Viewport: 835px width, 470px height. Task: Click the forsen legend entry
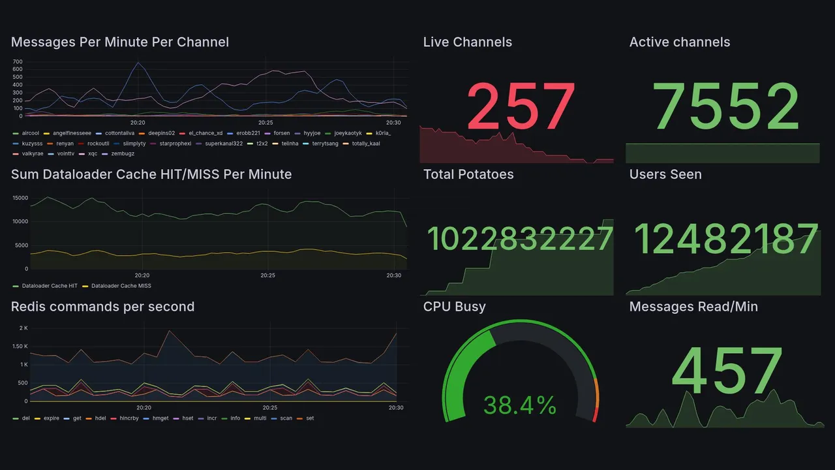(x=281, y=133)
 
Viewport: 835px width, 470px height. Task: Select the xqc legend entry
(x=93, y=154)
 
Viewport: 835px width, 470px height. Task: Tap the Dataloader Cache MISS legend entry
(x=121, y=286)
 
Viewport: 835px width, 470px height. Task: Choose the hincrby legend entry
(x=132, y=418)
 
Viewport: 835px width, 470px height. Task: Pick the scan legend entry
(x=286, y=418)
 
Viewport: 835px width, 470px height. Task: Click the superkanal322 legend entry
(x=224, y=144)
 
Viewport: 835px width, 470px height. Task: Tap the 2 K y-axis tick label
(x=23, y=328)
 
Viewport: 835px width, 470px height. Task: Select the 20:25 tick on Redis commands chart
(x=269, y=408)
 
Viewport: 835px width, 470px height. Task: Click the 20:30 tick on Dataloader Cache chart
(x=393, y=275)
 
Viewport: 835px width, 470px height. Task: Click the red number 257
(x=521, y=106)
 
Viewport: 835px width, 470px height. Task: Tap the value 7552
(x=726, y=106)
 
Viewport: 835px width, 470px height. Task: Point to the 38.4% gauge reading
(x=520, y=405)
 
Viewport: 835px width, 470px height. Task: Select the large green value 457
(x=726, y=371)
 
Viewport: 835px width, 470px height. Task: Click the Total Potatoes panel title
(x=468, y=174)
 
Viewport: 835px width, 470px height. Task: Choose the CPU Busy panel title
(x=454, y=307)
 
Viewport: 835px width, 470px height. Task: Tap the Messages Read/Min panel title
(x=693, y=307)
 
